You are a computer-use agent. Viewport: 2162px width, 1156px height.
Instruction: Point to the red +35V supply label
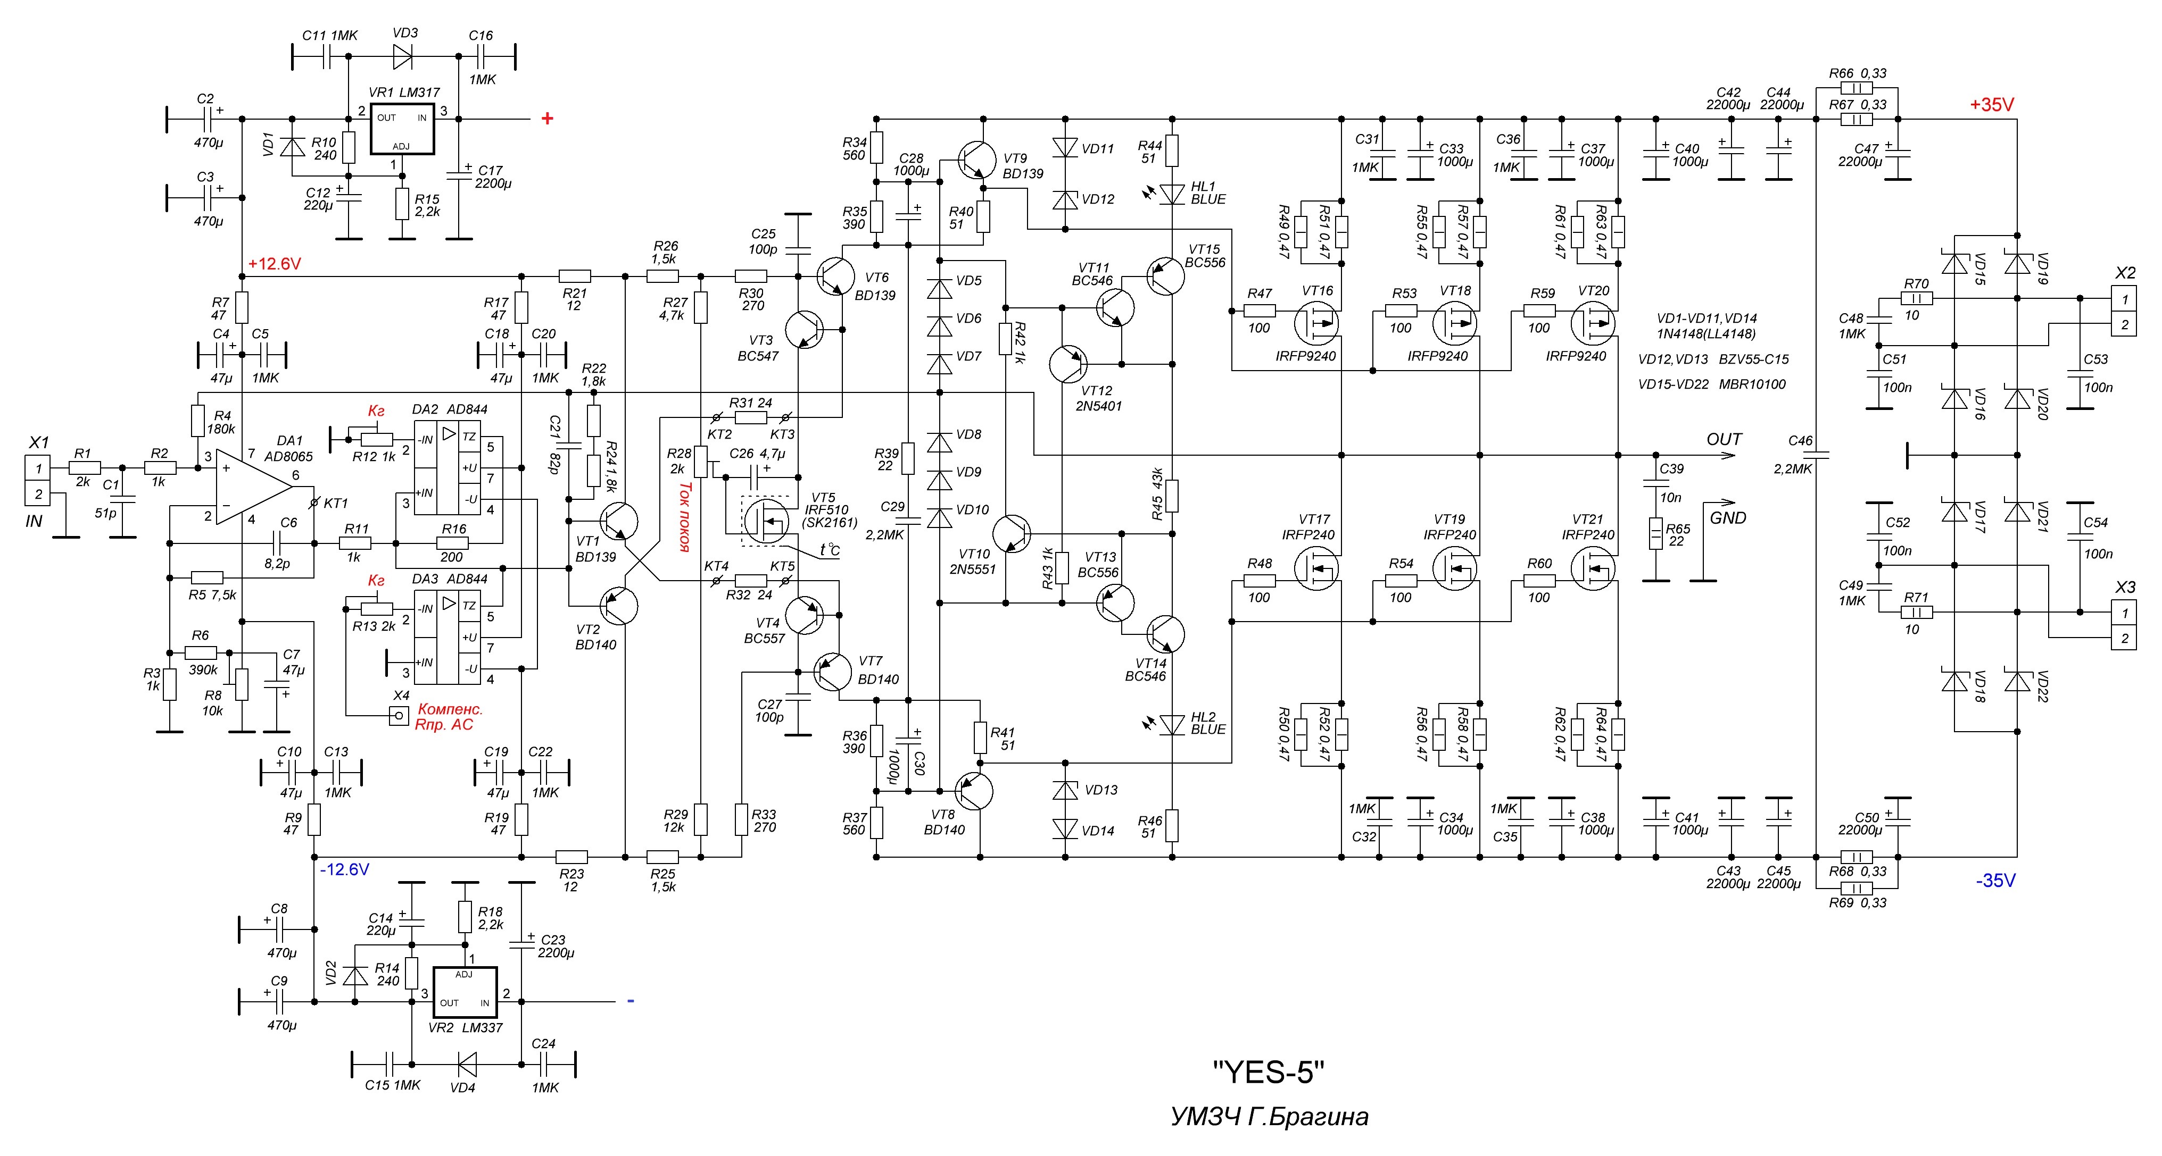[1992, 105]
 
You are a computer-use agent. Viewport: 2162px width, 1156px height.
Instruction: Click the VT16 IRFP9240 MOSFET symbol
[1315, 323]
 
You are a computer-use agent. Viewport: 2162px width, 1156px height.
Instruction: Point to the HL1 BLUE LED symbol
[1172, 194]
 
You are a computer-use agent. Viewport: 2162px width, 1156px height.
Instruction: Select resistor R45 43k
[1172, 496]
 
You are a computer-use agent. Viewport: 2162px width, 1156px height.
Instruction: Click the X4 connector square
[400, 716]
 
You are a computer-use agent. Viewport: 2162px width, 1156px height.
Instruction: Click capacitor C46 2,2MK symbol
[1816, 456]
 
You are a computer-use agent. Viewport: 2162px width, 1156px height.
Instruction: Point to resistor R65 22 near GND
[1655, 533]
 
